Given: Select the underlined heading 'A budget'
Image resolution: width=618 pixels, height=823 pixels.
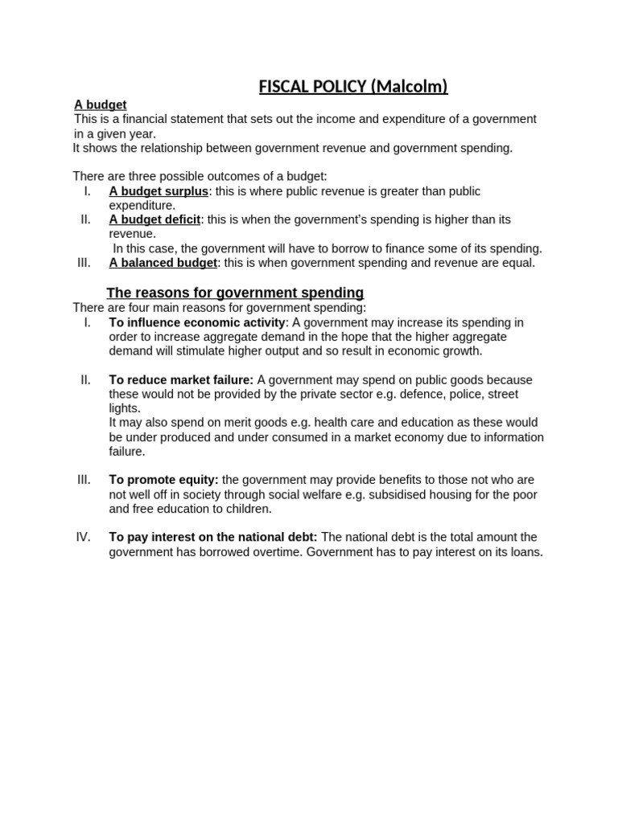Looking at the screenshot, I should coord(100,104).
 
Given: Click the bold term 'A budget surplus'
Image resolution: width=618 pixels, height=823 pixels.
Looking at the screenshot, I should coord(159,191).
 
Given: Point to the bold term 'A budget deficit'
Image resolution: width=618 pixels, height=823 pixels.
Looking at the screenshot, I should coord(154,219).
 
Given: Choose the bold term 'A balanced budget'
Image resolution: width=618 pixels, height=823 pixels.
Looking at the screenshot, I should coord(163,263).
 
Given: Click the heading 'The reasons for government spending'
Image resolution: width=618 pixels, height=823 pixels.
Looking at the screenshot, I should coord(235,293).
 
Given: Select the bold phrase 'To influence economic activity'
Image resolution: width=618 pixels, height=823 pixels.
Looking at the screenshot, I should coord(197,322).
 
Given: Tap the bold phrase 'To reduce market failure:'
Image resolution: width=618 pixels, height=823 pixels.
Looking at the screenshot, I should coord(181,380).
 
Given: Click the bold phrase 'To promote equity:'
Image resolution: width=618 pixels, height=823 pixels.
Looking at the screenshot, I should coord(163,480).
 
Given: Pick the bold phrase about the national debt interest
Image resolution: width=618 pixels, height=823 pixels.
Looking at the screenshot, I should coord(213,537).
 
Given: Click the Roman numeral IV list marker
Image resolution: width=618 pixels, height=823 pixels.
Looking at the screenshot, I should coord(84,537).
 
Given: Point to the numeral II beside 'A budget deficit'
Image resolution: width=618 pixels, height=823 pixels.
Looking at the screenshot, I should coord(86,219).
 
